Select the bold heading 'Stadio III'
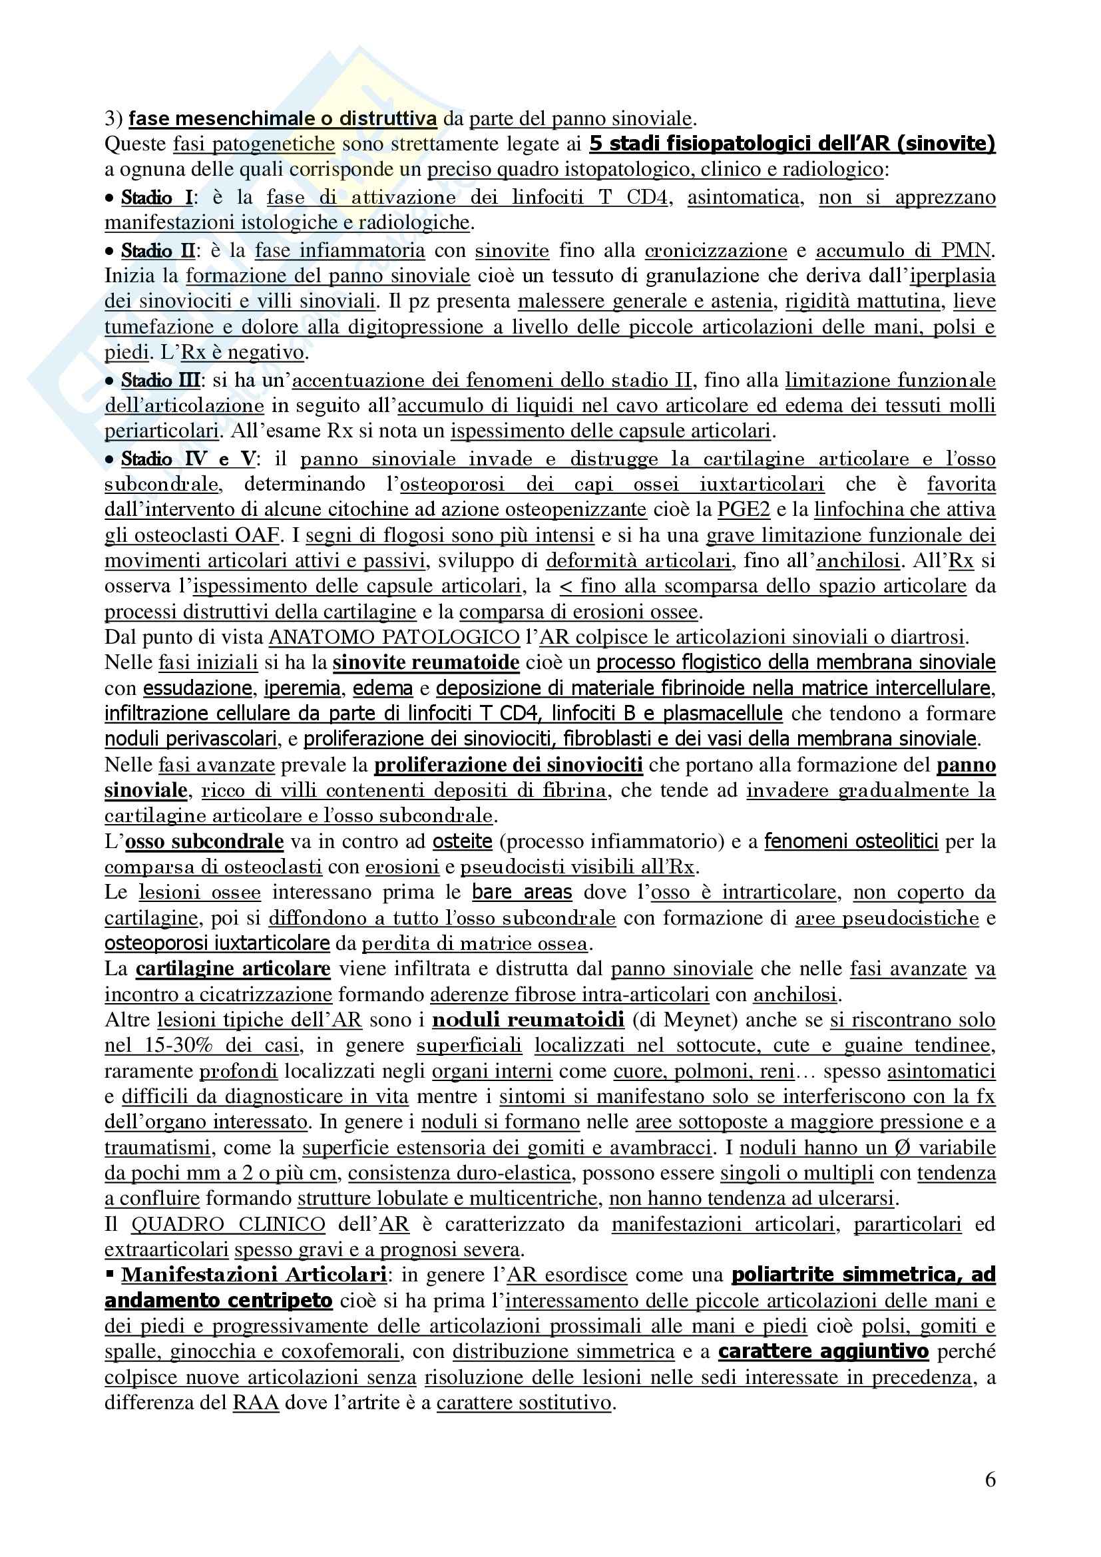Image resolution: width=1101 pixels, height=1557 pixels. (x=160, y=381)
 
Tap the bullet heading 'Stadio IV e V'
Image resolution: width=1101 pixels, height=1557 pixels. (x=188, y=459)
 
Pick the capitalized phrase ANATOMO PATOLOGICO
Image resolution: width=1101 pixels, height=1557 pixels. (x=395, y=638)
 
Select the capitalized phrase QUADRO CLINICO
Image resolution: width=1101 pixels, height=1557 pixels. (x=228, y=1224)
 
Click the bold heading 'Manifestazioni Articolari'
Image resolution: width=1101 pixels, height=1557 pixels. (x=254, y=1275)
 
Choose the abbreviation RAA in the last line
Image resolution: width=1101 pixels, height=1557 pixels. (x=256, y=1403)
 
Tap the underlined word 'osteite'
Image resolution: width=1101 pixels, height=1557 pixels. (x=463, y=841)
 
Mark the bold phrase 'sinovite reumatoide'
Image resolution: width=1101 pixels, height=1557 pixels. (x=426, y=662)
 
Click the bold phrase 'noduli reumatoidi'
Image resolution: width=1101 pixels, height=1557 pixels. (x=528, y=1020)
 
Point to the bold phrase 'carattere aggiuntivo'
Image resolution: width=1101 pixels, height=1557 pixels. (x=823, y=1351)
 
